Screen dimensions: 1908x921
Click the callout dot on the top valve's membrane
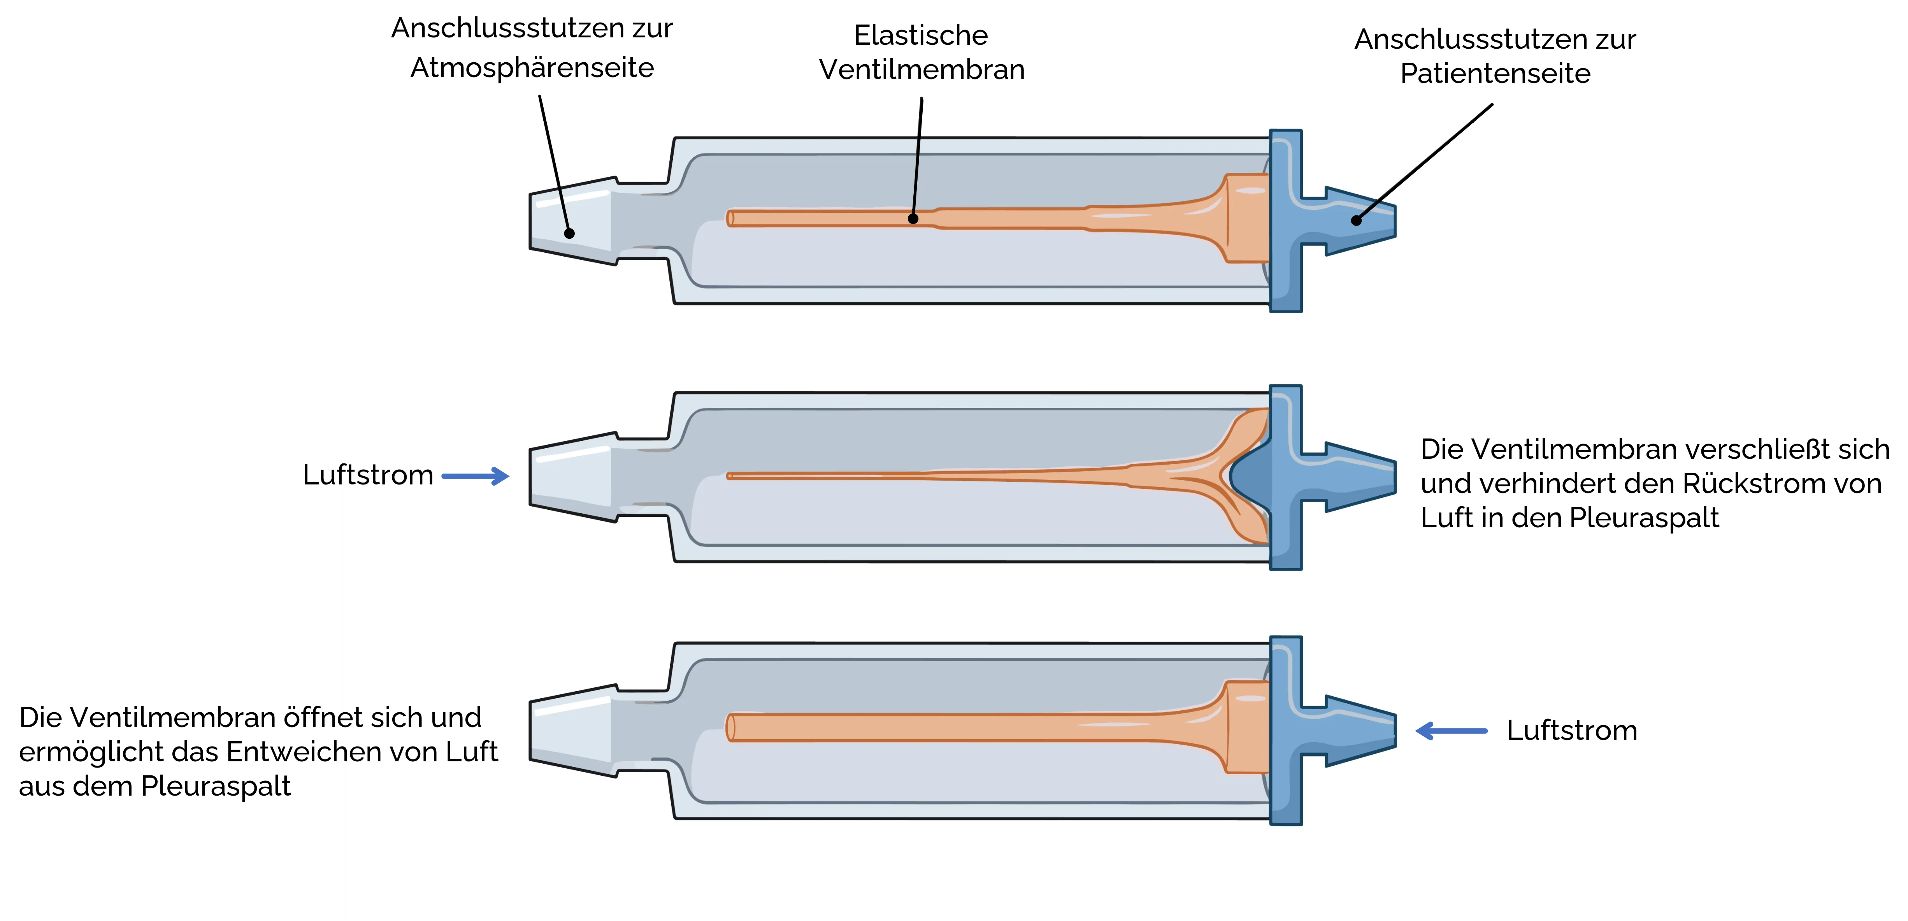coord(913,218)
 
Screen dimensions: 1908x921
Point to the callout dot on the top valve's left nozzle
coord(570,233)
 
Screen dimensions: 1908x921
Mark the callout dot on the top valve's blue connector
coord(1356,220)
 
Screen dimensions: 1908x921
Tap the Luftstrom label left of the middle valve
coord(368,475)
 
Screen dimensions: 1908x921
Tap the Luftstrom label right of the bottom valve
coord(1572,731)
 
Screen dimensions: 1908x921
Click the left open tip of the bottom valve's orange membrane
coord(730,727)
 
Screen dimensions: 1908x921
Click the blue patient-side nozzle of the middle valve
coord(1348,476)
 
